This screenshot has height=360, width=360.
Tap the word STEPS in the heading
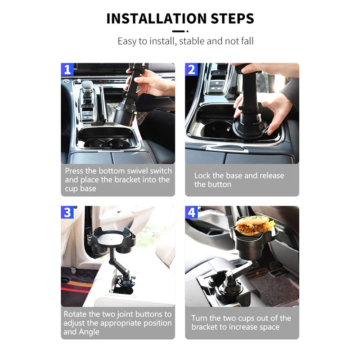[x=232, y=18]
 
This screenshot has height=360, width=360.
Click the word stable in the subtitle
[x=192, y=41]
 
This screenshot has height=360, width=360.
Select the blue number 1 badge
[x=67, y=69]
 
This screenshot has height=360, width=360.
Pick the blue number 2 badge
[x=191, y=69]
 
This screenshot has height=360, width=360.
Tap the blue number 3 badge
[x=67, y=212]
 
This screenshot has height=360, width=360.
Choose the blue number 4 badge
[x=191, y=212]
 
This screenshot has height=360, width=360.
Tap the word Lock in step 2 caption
[x=202, y=175]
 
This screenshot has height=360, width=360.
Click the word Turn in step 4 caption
[x=199, y=318]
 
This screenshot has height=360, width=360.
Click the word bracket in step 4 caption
[x=204, y=327]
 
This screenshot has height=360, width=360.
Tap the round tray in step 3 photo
[x=112, y=239]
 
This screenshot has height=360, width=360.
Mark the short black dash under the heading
[x=178, y=31]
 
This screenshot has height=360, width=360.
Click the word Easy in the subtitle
[x=127, y=41]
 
